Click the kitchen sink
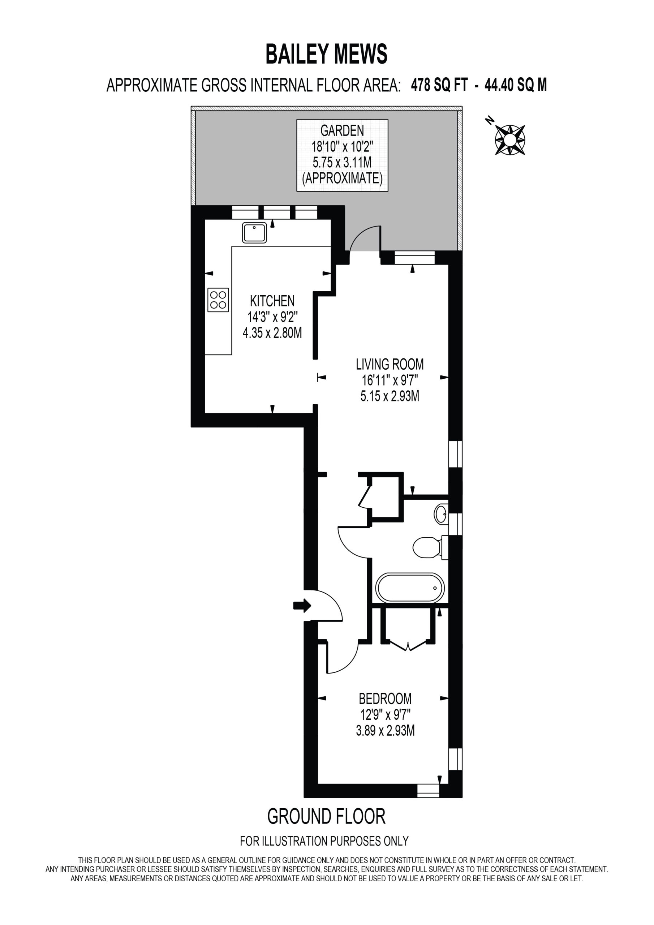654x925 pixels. pyautogui.click(x=254, y=232)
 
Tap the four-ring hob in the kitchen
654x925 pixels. pyautogui.click(x=218, y=300)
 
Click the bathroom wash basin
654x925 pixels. pyautogui.click(x=441, y=514)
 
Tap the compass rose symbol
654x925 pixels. pyautogui.click(x=509, y=140)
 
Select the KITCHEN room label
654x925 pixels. pyautogui.click(x=272, y=301)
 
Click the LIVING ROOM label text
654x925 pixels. pyautogui.click(x=390, y=365)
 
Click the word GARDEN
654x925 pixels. pyautogui.click(x=342, y=130)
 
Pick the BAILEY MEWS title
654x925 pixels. pyautogui.click(x=326, y=55)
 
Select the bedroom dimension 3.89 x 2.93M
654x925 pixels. pyautogui.click(x=385, y=730)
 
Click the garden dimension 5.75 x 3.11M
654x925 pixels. pyautogui.click(x=342, y=162)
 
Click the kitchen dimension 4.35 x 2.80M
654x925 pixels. pyautogui.click(x=272, y=333)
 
